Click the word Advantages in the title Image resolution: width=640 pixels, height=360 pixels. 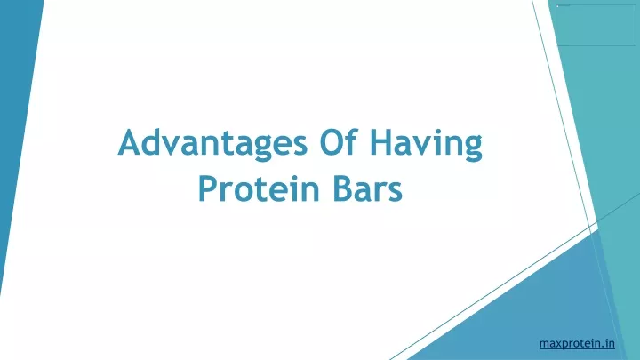(x=212, y=143)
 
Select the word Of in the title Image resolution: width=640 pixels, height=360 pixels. (x=340, y=142)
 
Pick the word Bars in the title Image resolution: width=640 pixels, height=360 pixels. (x=368, y=188)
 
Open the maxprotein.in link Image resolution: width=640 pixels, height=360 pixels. (x=577, y=344)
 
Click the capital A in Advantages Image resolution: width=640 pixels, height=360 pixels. (x=131, y=142)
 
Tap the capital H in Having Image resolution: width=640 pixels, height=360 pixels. (x=381, y=142)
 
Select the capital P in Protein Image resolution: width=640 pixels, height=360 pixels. (x=208, y=188)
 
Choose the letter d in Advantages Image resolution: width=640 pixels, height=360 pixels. (x=156, y=142)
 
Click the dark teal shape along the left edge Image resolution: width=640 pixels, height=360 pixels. (x=16, y=123)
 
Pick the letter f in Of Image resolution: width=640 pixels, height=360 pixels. (x=352, y=142)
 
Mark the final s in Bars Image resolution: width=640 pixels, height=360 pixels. (x=396, y=192)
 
